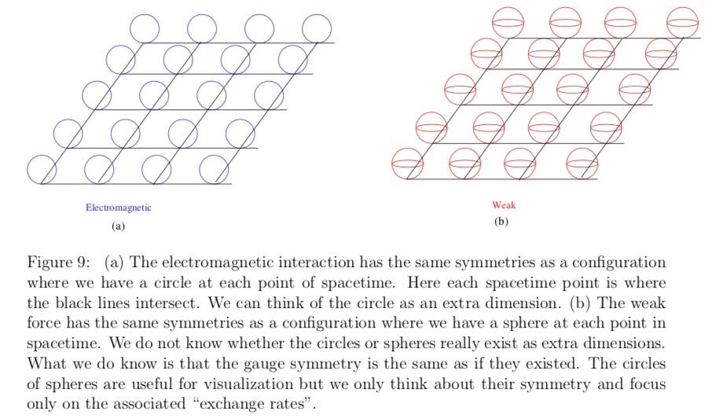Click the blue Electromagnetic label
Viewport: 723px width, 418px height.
point(119,207)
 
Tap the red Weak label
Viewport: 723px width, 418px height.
point(504,205)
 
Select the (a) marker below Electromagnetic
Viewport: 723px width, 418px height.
point(119,225)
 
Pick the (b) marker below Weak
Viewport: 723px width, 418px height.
point(501,222)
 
